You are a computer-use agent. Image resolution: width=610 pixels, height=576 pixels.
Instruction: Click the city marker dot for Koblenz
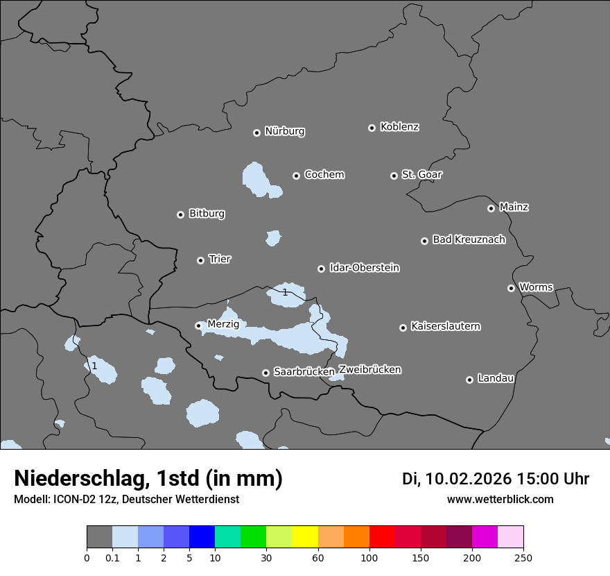tap(372, 128)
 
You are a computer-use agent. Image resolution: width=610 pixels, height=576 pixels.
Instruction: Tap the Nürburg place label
tap(284, 131)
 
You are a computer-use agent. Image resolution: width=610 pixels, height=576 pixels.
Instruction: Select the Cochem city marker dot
tap(296, 176)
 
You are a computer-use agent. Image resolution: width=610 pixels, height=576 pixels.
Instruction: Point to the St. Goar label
tap(421, 174)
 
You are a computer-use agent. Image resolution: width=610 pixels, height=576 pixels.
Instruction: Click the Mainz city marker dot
tap(491, 208)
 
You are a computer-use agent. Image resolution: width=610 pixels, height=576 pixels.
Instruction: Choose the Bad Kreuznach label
tap(469, 239)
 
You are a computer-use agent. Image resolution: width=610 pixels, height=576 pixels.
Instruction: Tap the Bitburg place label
tap(207, 214)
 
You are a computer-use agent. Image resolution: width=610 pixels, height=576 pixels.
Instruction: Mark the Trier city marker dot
tap(200, 260)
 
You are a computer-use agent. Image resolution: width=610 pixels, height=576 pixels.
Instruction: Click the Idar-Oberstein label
tap(364, 267)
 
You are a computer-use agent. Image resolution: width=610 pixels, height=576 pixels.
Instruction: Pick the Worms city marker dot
tap(511, 288)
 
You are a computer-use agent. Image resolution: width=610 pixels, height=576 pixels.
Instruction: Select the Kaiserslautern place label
tap(445, 326)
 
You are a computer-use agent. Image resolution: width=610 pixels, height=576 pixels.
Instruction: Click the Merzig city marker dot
tap(198, 325)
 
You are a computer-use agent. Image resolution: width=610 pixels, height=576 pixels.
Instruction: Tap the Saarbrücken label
tap(304, 372)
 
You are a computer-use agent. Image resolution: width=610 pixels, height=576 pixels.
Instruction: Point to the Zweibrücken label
tap(370, 369)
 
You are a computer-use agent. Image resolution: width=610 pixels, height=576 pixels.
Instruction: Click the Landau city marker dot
tap(469, 380)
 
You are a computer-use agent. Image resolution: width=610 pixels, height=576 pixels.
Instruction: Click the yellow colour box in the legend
tap(305, 537)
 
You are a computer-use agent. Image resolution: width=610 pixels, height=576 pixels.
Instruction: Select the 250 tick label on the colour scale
tap(523, 557)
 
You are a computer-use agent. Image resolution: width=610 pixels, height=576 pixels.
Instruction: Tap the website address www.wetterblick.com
tap(500, 499)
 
